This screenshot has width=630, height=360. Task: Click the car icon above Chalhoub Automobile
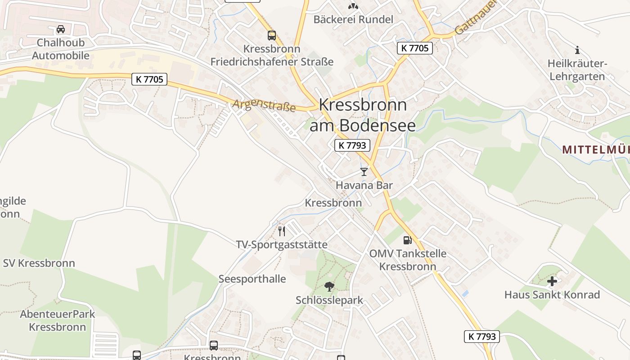pos(60,30)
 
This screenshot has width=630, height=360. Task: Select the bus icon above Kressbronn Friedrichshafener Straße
pos(272,35)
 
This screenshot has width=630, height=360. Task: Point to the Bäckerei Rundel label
pos(353,19)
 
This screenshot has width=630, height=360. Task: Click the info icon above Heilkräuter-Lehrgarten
pos(577,50)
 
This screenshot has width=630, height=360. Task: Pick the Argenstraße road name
pos(264,106)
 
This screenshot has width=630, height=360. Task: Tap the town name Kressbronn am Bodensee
pos(363,115)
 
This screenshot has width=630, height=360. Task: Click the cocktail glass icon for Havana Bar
pos(364,172)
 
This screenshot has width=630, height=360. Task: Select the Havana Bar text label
pos(364,185)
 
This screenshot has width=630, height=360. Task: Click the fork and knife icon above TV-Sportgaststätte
pos(282,231)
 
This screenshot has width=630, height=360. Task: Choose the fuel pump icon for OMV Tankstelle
pos(408,241)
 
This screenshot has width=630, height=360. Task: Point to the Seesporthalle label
pos(252,279)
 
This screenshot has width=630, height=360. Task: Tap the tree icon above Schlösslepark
pos(329,287)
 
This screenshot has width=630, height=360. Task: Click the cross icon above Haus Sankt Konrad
pos(552,282)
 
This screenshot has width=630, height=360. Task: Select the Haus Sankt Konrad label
pos(552,295)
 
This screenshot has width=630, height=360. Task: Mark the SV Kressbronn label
pos(39,263)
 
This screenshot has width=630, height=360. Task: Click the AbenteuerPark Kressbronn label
pos(58,320)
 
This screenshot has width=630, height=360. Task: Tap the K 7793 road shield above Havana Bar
pos(352,145)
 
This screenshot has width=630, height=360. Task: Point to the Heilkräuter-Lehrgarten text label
pos(577,70)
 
